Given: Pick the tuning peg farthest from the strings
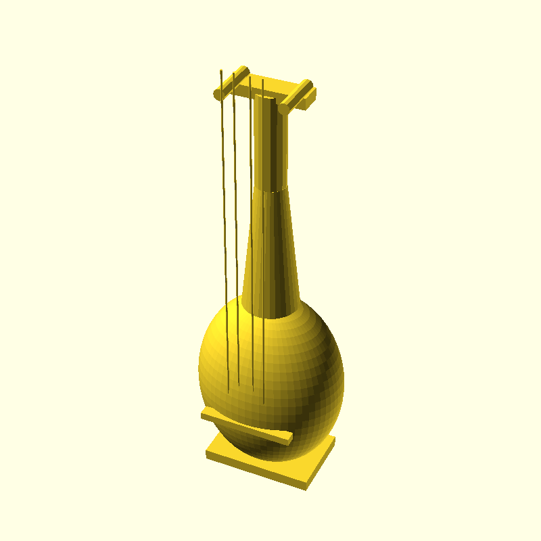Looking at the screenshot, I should tap(298, 95).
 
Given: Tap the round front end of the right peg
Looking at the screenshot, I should tap(283, 107).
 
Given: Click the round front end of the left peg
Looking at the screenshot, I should tap(217, 93).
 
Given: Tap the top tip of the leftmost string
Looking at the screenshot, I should tap(221, 70).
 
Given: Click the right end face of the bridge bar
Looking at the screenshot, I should tap(290, 440).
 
